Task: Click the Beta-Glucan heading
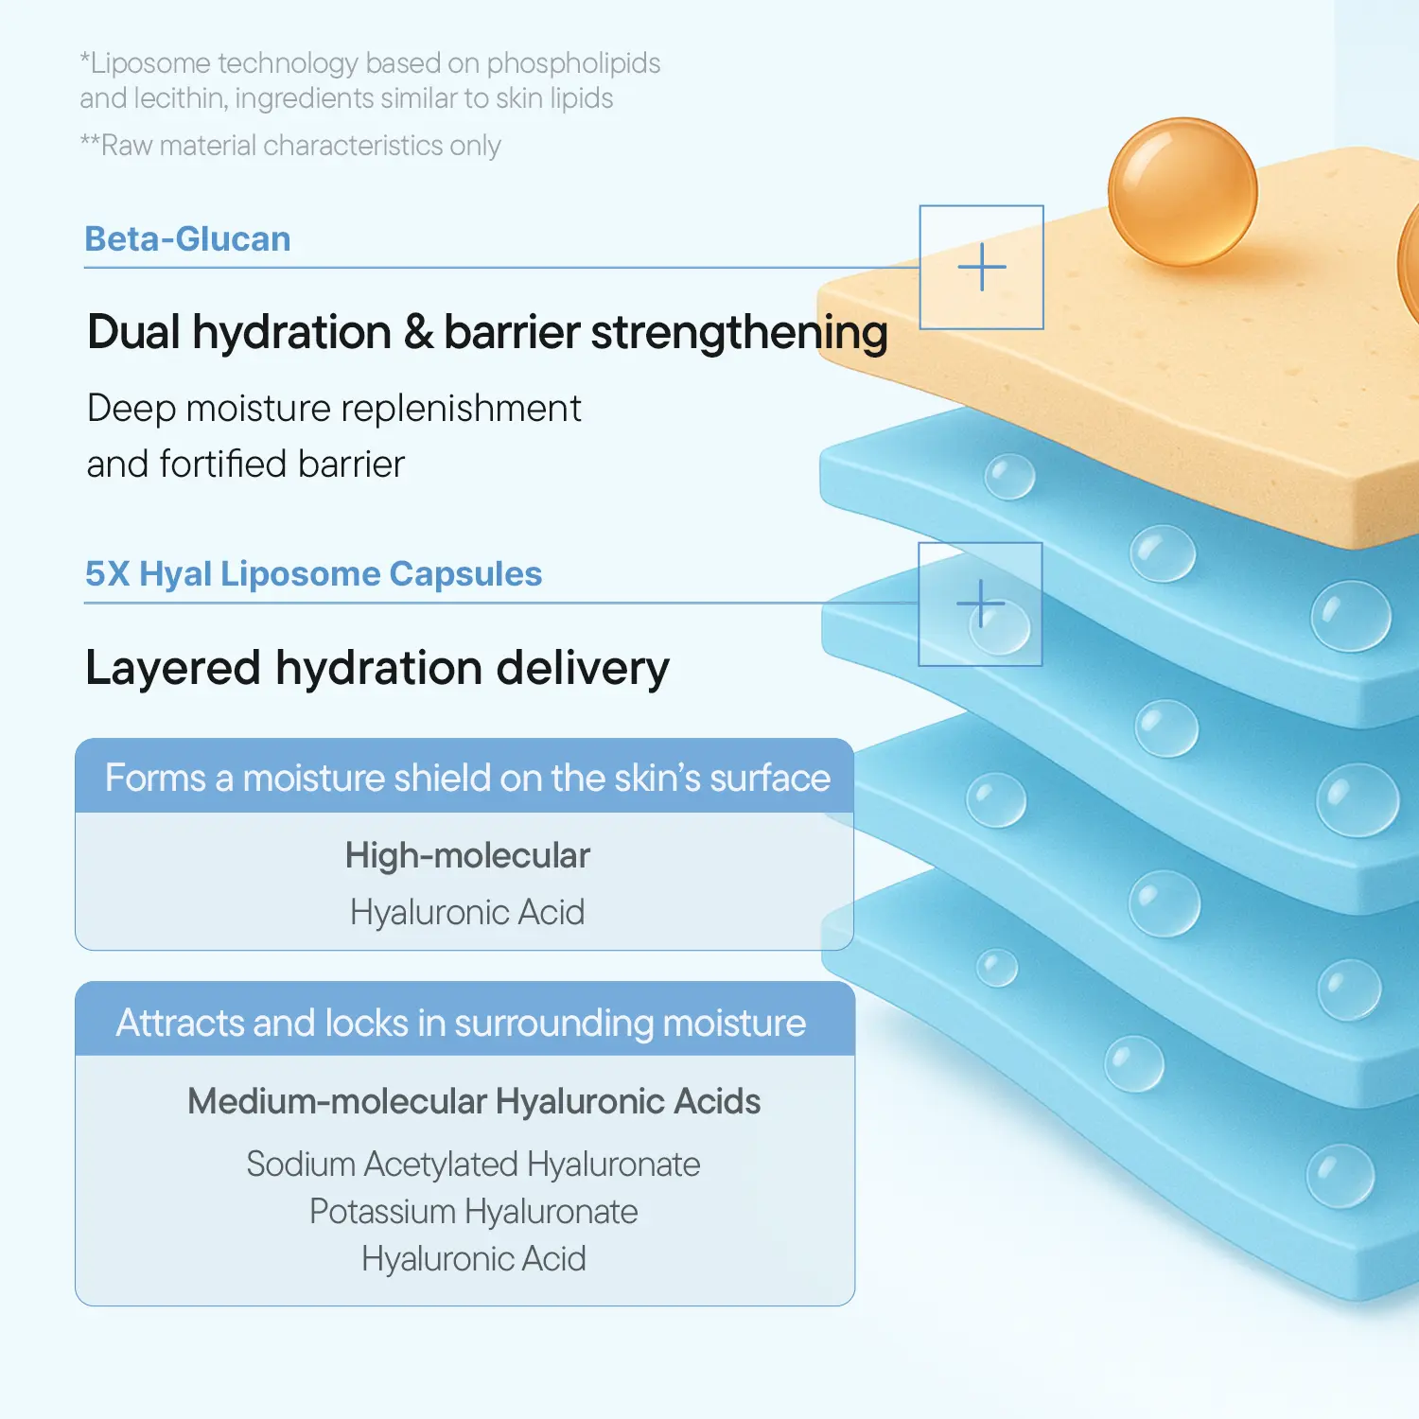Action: point(187,239)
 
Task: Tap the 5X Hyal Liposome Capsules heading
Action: point(313,574)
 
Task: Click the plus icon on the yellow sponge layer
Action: point(982,267)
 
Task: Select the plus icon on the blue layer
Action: point(980,604)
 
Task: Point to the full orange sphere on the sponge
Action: point(1182,192)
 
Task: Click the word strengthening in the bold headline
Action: point(739,333)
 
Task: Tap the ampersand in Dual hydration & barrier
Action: point(417,333)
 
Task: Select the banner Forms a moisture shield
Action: point(466,778)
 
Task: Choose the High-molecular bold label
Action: point(467,855)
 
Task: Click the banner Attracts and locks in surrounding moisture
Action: point(461,1023)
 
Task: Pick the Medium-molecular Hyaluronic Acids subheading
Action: point(474,1101)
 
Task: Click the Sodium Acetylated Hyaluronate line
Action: point(473,1164)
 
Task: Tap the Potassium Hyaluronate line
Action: point(473,1212)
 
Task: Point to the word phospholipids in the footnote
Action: point(573,63)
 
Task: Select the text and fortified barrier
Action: point(245,464)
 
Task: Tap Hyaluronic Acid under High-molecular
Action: point(467,912)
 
